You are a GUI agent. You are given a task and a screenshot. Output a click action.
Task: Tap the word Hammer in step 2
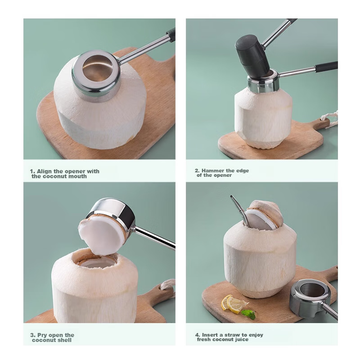tap(214, 171)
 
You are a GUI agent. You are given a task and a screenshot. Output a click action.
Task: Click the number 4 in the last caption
tap(197, 335)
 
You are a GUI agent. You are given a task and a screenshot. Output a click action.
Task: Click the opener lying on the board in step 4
tap(310, 295)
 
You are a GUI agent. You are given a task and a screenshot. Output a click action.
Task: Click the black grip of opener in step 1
tap(171, 34)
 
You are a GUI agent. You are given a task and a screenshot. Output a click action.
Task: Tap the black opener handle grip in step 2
tap(327, 67)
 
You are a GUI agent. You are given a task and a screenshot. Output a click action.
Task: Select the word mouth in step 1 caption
tap(77, 176)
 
